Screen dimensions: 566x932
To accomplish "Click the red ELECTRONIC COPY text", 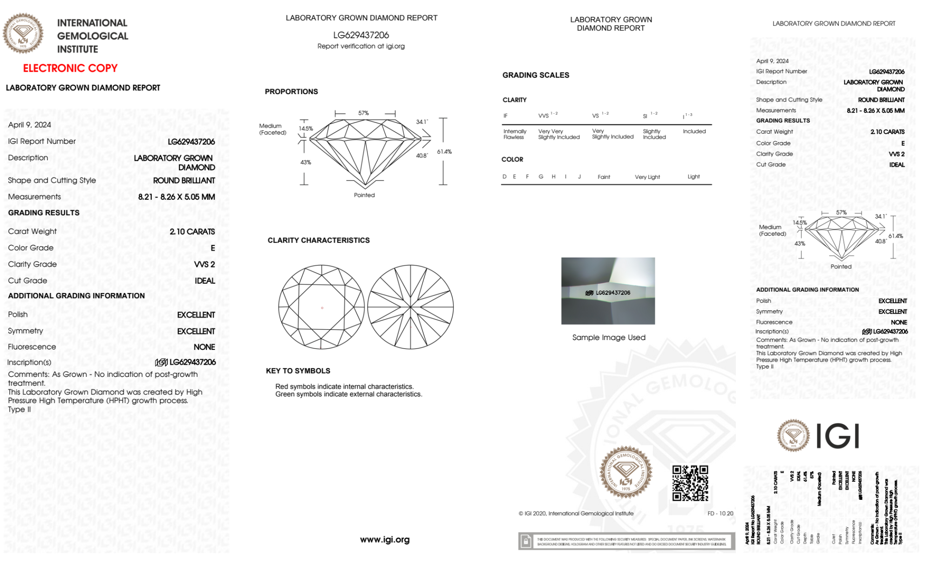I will (x=70, y=68).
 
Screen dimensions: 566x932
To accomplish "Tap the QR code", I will (x=690, y=483).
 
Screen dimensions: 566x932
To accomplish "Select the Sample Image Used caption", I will (x=608, y=337).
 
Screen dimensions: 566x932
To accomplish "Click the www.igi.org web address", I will (x=385, y=539).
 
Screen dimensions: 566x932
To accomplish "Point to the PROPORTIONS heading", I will (x=291, y=91).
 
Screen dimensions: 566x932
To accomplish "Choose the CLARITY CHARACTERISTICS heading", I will (x=319, y=240).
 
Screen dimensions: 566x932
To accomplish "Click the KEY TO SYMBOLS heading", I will (x=298, y=371).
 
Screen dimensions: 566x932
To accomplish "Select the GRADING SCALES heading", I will (x=536, y=75).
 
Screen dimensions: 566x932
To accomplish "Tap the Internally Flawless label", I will (x=515, y=134).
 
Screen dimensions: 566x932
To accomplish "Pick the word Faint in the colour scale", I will (x=604, y=177).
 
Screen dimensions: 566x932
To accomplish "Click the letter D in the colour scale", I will (x=504, y=177).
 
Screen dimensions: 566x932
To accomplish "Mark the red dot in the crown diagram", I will (x=322, y=308).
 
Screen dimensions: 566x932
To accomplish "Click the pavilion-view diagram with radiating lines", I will (x=410, y=307).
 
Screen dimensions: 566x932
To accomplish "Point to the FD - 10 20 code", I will (x=720, y=513).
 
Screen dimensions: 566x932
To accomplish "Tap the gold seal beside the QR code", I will (x=626, y=472).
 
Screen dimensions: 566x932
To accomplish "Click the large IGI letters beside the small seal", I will (x=838, y=436).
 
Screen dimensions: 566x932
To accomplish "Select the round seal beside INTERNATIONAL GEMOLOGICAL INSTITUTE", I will (x=23, y=33).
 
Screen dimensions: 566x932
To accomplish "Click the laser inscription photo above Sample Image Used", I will (x=608, y=291).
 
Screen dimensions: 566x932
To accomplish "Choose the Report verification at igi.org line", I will (x=361, y=46).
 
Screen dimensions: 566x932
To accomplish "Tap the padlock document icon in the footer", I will (x=526, y=541).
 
